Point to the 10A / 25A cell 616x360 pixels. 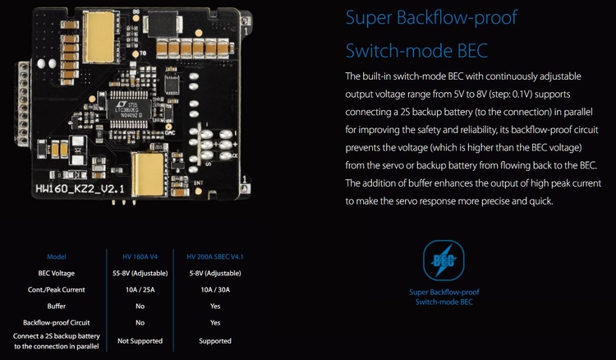point(140,289)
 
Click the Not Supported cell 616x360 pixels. point(140,340)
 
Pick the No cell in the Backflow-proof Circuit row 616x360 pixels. point(140,322)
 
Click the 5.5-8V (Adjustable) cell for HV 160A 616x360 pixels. point(140,272)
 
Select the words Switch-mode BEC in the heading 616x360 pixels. point(416,51)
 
